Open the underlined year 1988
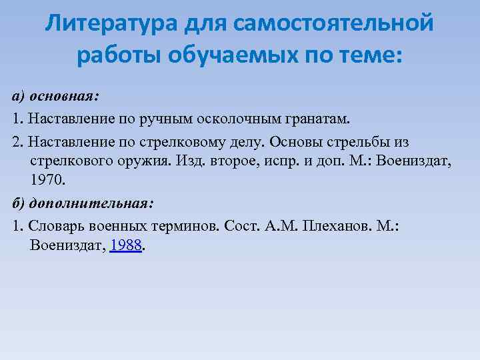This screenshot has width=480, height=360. tap(127, 245)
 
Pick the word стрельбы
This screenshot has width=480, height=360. tap(359, 143)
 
